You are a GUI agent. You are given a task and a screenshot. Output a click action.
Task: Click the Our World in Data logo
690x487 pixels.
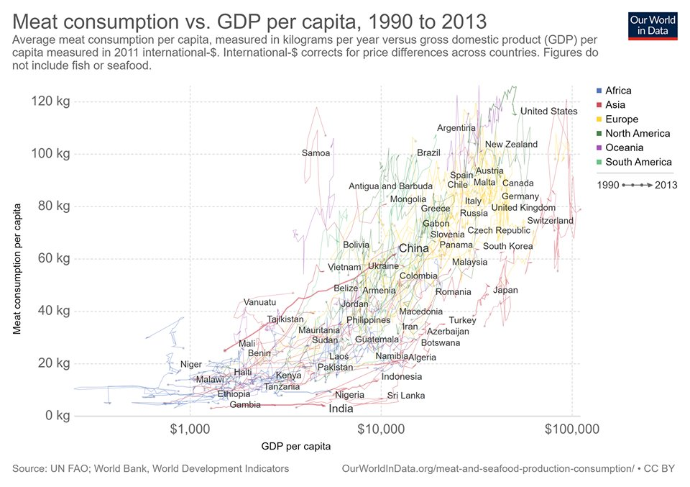(652, 25)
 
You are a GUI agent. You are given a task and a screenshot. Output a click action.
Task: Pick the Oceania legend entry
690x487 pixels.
(623, 147)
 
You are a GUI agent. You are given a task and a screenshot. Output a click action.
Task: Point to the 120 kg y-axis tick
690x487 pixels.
(50, 101)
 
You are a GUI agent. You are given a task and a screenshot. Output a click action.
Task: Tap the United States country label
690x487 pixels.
(548, 111)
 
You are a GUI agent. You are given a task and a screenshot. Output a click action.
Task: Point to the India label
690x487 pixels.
(341, 409)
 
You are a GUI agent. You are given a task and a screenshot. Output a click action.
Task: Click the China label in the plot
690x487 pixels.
(413, 248)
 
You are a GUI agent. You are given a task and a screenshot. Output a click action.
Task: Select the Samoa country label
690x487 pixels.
(316, 153)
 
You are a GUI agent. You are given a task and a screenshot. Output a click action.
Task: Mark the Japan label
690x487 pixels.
(505, 291)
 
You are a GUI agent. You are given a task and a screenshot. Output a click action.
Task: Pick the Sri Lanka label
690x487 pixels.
(405, 396)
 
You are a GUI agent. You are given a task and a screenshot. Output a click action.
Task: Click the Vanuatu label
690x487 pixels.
(259, 302)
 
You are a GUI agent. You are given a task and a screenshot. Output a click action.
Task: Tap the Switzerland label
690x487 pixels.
(550, 221)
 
